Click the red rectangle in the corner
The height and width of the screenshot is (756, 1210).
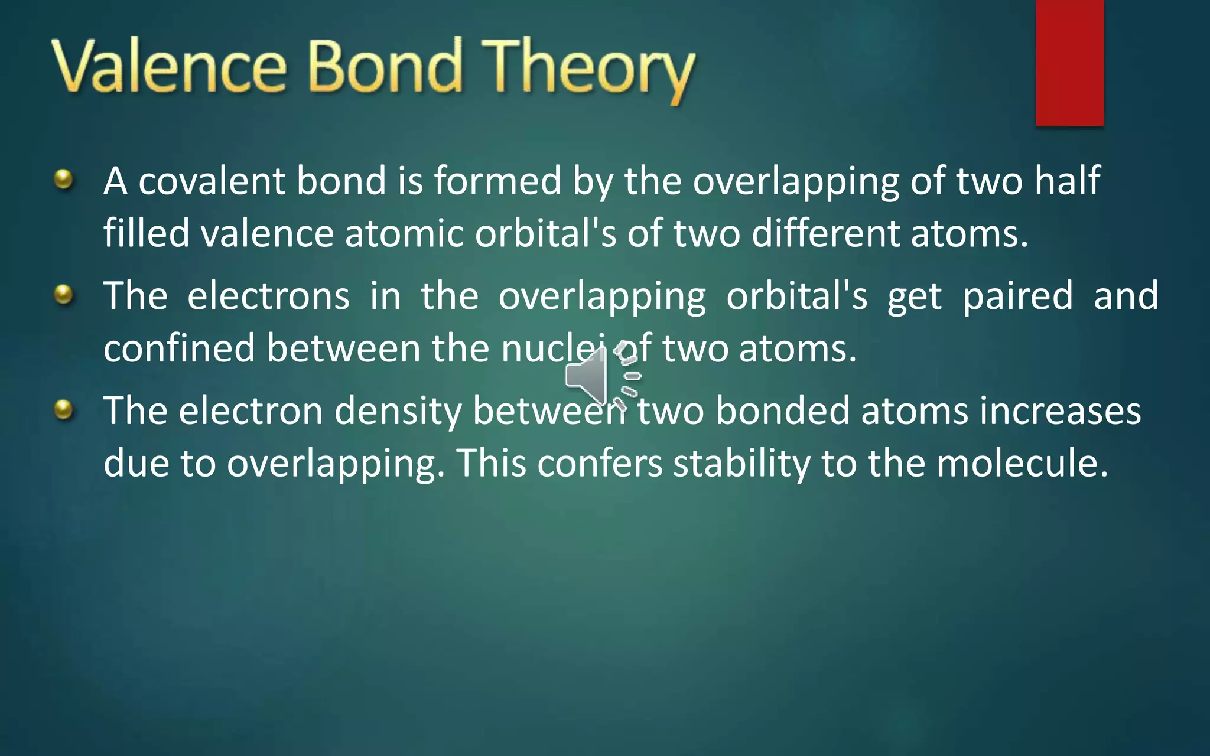1069,62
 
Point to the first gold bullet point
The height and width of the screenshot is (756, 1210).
63,178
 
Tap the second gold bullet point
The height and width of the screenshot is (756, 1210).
63,294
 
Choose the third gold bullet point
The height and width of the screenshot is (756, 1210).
63,409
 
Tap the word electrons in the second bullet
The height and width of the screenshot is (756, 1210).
268,296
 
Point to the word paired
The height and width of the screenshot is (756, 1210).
1017,296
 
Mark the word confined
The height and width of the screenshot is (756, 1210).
179,348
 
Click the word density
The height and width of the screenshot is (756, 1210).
398,411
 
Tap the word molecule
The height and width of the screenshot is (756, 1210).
1022,463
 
